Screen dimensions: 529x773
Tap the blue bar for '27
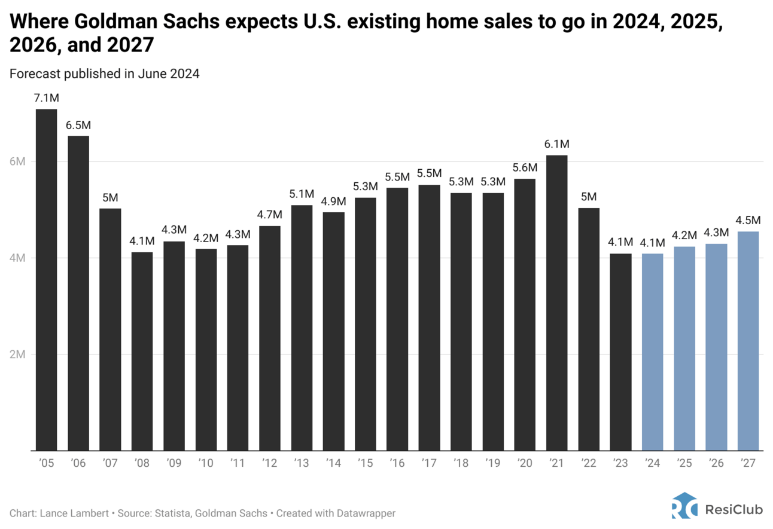(748, 341)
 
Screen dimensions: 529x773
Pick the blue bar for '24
(653, 352)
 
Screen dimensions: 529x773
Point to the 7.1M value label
(46, 98)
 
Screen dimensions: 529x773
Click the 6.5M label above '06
(78, 126)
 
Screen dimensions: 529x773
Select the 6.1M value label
(557, 144)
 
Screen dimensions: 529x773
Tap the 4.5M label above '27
(748, 221)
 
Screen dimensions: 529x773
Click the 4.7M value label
(270, 215)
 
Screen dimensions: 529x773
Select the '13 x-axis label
(302, 464)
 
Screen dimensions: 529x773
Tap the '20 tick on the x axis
(525, 464)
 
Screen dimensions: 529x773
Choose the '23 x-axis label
(620, 464)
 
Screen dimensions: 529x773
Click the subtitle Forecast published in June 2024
(104, 74)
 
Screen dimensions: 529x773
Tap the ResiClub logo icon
(684, 506)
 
